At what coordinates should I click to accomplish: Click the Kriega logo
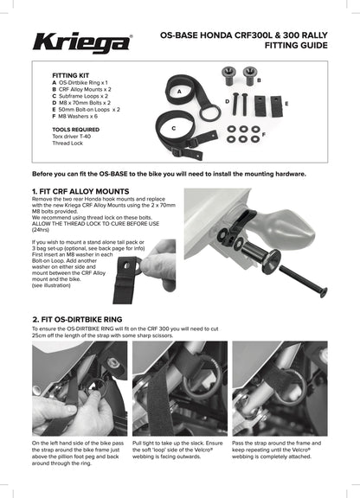83,40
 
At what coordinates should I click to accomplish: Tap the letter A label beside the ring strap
178,90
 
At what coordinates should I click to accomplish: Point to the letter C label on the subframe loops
174,127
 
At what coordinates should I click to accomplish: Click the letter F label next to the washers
263,135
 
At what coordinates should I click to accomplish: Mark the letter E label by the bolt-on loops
286,102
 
